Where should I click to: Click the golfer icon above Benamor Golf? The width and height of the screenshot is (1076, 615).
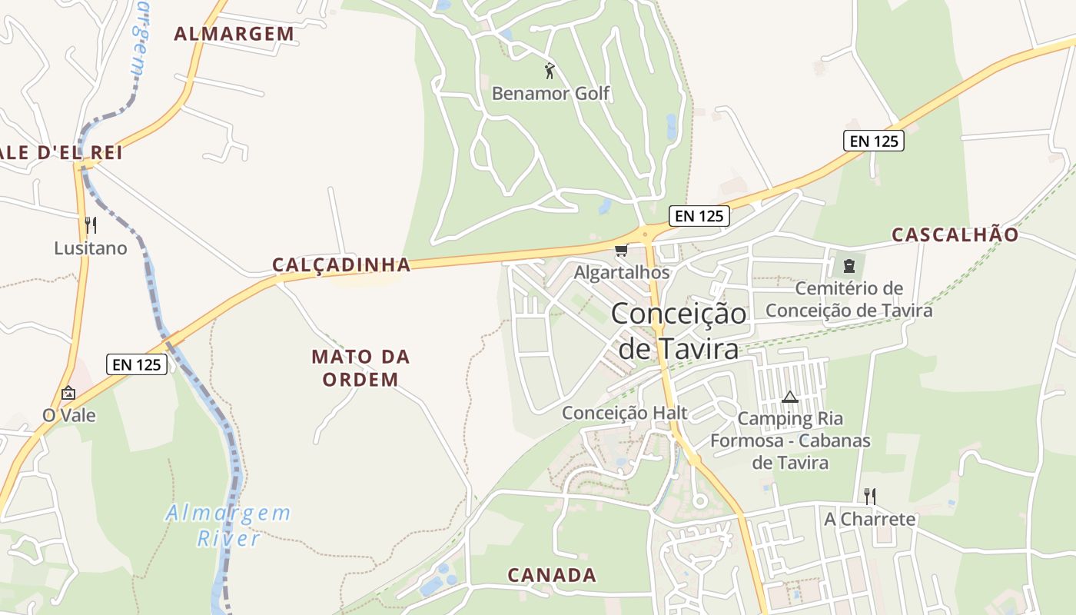[x=550, y=71]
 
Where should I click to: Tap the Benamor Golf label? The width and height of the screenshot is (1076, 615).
[x=550, y=94]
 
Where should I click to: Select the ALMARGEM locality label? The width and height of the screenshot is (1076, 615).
[x=234, y=34]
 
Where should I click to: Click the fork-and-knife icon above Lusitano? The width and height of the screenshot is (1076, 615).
[x=91, y=225]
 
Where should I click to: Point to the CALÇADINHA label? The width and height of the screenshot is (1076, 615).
[x=341, y=265]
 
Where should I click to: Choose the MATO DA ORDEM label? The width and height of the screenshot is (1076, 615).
[x=360, y=367]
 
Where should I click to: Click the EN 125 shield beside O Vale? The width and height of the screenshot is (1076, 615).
[x=137, y=364]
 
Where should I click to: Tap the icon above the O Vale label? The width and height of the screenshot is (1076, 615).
[x=68, y=393]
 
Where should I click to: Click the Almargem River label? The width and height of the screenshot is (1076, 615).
[x=228, y=525]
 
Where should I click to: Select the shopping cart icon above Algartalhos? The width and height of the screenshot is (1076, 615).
[x=621, y=250]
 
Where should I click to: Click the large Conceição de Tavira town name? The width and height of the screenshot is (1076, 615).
[x=679, y=331]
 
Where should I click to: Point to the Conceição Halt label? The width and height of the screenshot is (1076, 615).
[x=624, y=413]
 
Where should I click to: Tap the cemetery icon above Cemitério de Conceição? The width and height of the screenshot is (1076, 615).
[x=849, y=267]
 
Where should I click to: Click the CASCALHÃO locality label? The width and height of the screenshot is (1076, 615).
[x=955, y=235]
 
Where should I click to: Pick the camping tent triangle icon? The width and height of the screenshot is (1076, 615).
[x=789, y=397]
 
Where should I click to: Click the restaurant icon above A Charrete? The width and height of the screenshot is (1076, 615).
[x=869, y=496]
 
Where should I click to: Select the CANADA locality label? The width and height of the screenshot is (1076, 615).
[x=552, y=575]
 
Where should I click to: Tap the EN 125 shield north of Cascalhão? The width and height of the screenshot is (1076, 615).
[x=873, y=141]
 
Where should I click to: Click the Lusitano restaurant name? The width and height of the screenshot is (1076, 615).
[x=90, y=248]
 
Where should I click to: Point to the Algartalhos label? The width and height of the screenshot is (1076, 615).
[x=622, y=273]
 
